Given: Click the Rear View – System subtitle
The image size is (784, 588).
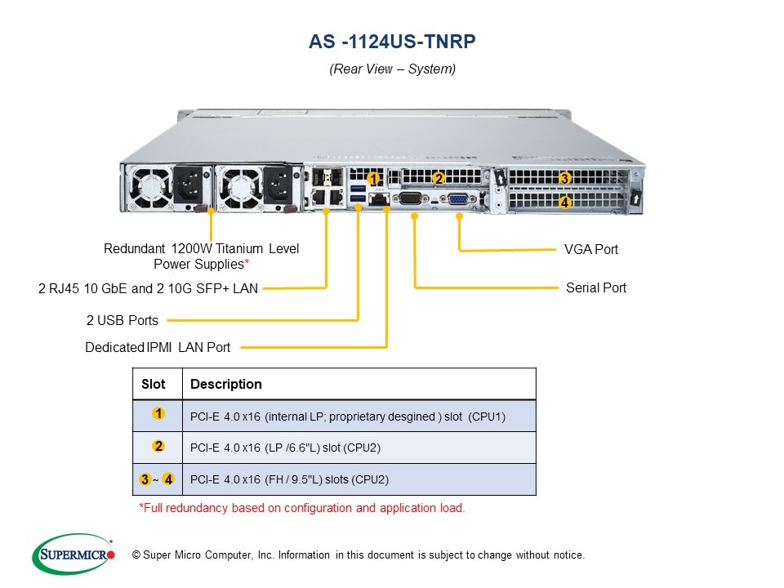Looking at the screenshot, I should pyautogui.click(x=392, y=69).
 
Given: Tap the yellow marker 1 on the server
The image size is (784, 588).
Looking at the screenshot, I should pyautogui.click(x=373, y=177).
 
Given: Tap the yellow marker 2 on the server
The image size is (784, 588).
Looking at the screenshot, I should pyautogui.click(x=438, y=178).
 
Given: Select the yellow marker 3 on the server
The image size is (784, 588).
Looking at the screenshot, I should pyautogui.click(x=564, y=179).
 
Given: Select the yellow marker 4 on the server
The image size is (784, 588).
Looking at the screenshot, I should pyautogui.click(x=565, y=201).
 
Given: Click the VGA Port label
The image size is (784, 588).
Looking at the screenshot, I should pyautogui.click(x=591, y=249).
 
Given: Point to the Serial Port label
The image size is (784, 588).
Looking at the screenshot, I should pyautogui.click(x=596, y=288).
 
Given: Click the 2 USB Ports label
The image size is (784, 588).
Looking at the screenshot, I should pyautogui.click(x=122, y=320).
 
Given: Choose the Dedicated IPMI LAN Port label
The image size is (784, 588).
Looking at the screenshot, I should pyautogui.click(x=158, y=348).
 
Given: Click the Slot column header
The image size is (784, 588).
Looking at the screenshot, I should pyautogui.click(x=154, y=384).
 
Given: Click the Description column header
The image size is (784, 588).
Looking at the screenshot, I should pyautogui.click(x=226, y=384).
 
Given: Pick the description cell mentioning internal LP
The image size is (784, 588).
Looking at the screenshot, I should pyautogui.click(x=348, y=416).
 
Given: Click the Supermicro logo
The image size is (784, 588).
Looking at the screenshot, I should pyautogui.click(x=73, y=555).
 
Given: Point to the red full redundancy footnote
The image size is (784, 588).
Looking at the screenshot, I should pyautogui.click(x=302, y=508).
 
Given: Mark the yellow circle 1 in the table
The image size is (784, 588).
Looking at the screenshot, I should pyautogui.click(x=158, y=414).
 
